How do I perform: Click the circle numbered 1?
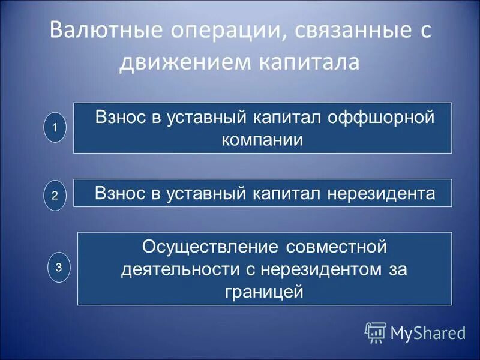[x=55, y=128]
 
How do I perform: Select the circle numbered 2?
[x=55, y=196]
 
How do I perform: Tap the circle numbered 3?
[x=59, y=268]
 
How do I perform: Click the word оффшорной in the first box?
[x=380, y=118]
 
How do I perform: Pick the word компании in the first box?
[x=262, y=140]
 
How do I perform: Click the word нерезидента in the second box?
[x=381, y=193]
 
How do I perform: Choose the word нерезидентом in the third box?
[x=318, y=269]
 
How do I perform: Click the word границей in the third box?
[x=264, y=292]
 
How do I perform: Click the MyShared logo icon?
[x=376, y=331]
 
